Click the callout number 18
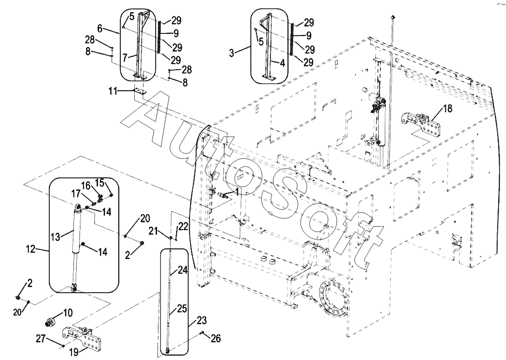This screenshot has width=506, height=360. (448, 109)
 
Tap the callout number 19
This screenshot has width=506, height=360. (74, 352)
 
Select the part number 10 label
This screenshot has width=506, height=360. (68, 313)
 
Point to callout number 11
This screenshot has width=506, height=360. (112, 92)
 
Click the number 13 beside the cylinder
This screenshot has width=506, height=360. (55, 237)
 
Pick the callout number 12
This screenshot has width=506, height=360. (31, 249)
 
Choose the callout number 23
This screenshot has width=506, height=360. (202, 321)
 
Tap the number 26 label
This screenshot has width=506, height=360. (216, 338)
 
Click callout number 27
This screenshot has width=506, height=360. (41, 339)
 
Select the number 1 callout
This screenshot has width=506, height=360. (237, 192)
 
